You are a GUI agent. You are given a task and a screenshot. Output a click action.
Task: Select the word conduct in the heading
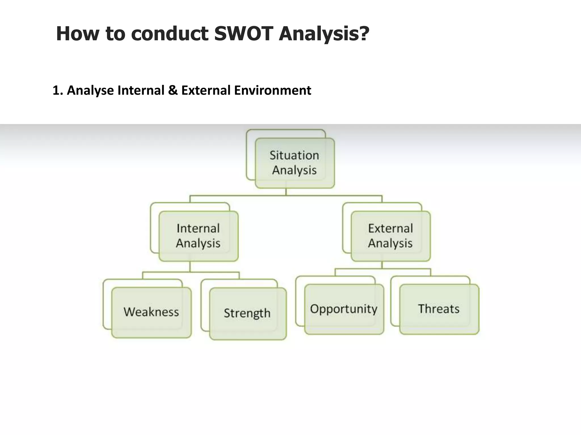click(170, 33)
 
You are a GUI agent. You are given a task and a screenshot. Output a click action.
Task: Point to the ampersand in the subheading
click(172, 91)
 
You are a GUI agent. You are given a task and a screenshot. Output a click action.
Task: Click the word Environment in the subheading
click(272, 91)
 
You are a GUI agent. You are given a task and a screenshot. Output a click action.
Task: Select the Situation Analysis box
click(294, 163)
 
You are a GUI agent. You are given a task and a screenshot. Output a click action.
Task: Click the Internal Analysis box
click(198, 236)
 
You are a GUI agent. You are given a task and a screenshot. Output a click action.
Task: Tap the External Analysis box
click(390, 236)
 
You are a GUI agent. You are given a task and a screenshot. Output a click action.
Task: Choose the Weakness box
click(151, 312)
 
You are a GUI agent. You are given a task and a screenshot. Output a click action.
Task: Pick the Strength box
click(247, 313)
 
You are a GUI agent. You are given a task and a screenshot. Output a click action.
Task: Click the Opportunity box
click(344, 309)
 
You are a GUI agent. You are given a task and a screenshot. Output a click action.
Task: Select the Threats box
click(439, 309)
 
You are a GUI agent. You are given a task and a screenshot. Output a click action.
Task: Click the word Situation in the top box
click(294, 155)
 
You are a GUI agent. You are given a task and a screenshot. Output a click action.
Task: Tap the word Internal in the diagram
click(198, 228)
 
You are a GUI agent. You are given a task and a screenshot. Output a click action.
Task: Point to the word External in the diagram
click(390, 228)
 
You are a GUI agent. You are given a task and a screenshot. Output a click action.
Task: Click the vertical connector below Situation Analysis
click(286, 192)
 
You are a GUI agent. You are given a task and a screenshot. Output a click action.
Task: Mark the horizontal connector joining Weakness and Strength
click(191, 272)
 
